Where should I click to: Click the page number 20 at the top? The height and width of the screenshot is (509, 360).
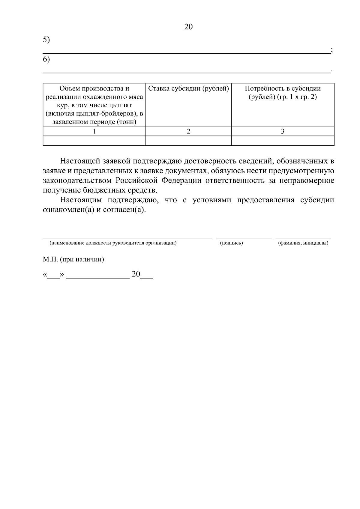click(188, 27)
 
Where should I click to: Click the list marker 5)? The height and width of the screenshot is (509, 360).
click(46, 40)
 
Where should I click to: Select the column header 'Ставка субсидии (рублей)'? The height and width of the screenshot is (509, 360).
click(188, 89)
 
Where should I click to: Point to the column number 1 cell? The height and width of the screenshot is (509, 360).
click(94, 131)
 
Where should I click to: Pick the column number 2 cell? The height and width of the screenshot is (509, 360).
click(188, 131)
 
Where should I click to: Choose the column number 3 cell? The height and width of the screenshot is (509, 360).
click(283, 131)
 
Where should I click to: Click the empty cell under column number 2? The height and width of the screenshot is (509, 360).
click(188, 141)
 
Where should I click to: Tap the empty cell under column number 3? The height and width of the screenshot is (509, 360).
click(283, 141)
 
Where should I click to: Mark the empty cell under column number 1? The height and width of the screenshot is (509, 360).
click(94, 141)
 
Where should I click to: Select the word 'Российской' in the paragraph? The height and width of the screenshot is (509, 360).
click(137, 181)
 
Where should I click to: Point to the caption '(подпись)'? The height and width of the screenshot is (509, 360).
click(231, 243)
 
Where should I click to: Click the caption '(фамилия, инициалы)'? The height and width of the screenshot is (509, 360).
click(303, 243)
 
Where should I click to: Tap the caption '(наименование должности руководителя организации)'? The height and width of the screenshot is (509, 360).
click(113, 243)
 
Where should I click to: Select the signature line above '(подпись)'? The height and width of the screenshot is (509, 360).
click(244, 238)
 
